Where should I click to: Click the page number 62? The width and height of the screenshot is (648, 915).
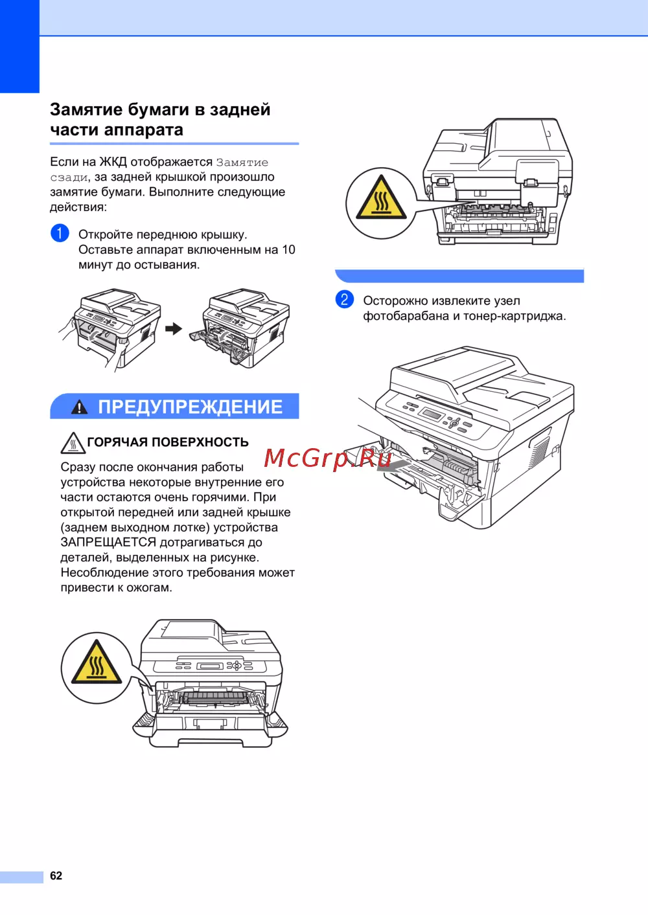(x=56, y=875)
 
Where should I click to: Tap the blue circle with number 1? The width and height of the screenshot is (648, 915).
(x=60, y=233)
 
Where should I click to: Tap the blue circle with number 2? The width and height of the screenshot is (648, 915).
(x=345, y=299)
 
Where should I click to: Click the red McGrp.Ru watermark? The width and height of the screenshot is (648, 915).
(x=327, y=458)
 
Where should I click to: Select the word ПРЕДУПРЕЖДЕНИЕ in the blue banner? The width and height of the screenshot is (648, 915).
(x=190, y=407)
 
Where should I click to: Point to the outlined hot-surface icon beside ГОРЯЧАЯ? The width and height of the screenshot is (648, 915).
(x=73, y=443)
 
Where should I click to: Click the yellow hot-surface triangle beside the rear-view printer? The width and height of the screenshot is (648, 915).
(x=381, y=198)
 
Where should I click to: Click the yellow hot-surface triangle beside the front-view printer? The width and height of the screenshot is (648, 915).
(x=97, y=662)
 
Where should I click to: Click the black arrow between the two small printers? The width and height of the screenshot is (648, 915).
(x=174, y=328)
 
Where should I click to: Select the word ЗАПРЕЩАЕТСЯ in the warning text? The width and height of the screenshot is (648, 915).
(x=108, y=543)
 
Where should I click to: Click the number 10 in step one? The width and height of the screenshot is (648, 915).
(x=288, y=249)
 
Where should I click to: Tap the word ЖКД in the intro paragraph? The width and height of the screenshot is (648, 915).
(x=113, y=162)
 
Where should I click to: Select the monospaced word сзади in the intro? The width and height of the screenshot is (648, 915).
(x=69, y=177)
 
